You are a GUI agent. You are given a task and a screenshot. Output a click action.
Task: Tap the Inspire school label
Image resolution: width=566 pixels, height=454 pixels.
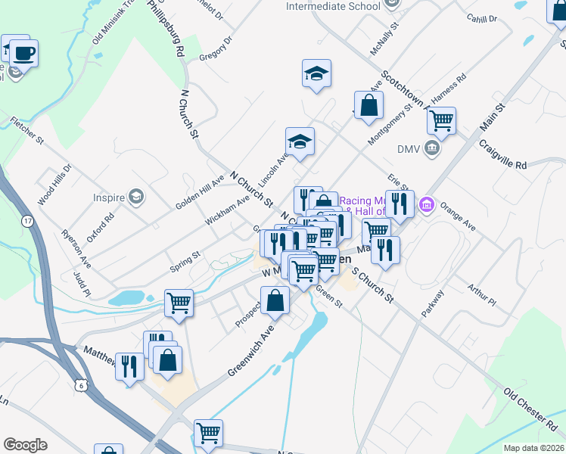(109, 198)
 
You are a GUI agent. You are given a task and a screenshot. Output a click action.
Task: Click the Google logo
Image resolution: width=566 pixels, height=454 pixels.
(25, 445)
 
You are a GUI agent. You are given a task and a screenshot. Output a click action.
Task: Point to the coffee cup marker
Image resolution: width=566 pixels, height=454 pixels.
(23, 53)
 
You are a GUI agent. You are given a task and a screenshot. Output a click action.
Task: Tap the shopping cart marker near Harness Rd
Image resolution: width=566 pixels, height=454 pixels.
(440, 119)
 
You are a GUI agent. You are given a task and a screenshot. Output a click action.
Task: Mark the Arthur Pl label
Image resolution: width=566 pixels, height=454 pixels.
(480, 296)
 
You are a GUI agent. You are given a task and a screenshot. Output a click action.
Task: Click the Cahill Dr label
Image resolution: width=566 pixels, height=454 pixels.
(481, 18)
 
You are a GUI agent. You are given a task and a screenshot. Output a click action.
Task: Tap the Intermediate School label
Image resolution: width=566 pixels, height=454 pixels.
(333, 7)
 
